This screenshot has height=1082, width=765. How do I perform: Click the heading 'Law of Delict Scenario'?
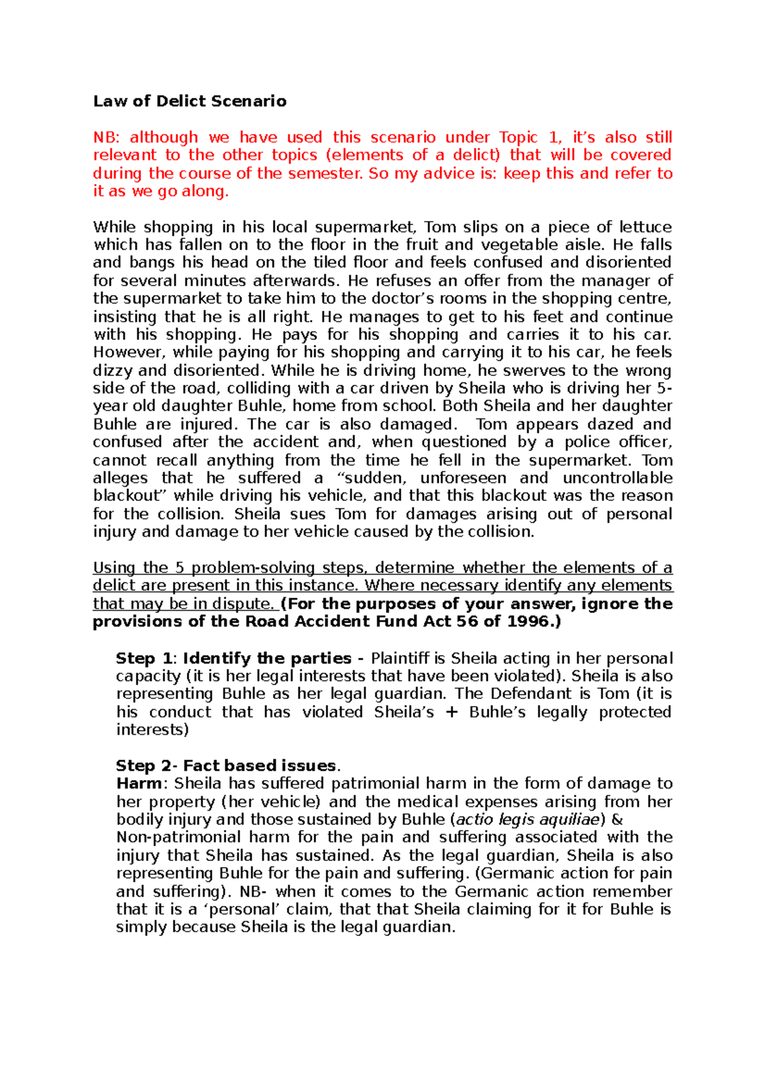pos(189,101)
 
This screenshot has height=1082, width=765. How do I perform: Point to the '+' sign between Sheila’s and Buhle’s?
pos(451,712)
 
